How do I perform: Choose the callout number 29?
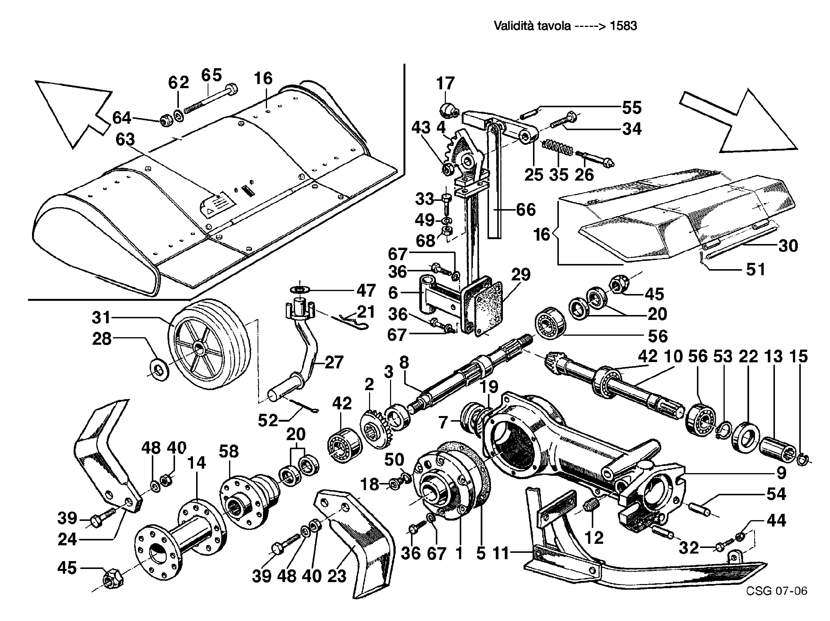tap(521, 275)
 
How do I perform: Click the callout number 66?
tap(526, 210)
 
